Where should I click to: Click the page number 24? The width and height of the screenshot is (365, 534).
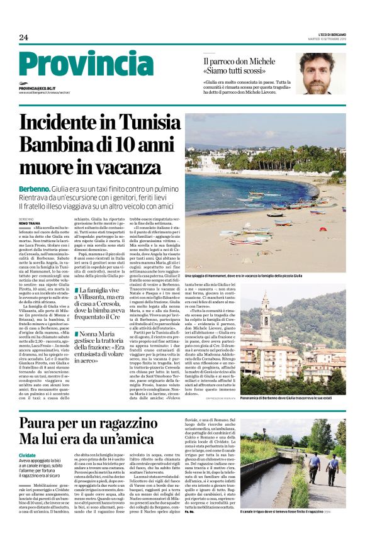23,38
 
